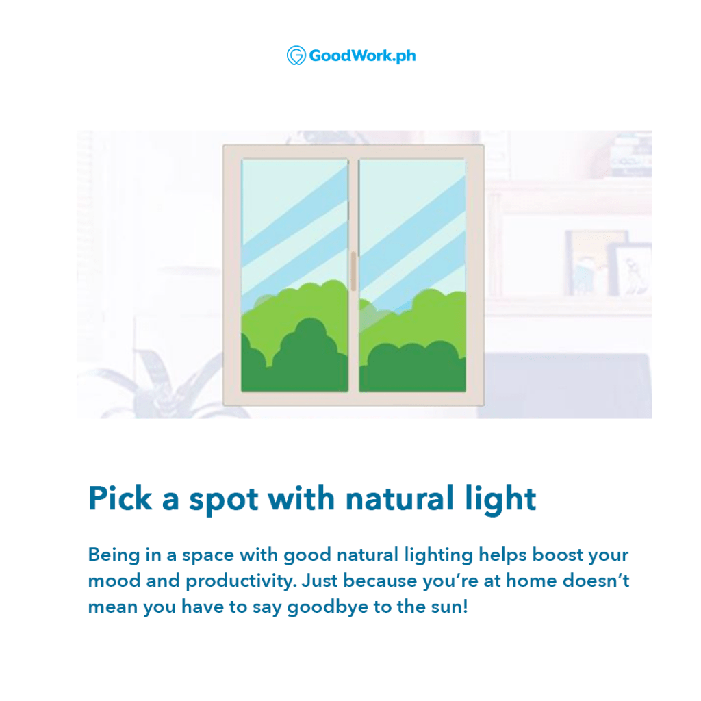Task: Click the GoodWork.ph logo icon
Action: pyautogui.click(x=296, y=55)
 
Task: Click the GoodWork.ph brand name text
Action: pyautogui.click(x=362, y=56)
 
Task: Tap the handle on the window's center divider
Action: pyautogui.click(x=354, y=271)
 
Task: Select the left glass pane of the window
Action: pyautogui.click(x=294, y=275)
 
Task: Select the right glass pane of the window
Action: pyautogui.click(x=412, y=275)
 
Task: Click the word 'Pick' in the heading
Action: pyautogui.click(x=120, y=498)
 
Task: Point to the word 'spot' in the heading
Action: pyautogui.click(x=224, y=500)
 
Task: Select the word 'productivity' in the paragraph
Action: pyautogui.click(x=241, y=582)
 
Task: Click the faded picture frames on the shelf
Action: pyautogui.click(x=608, y=264)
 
